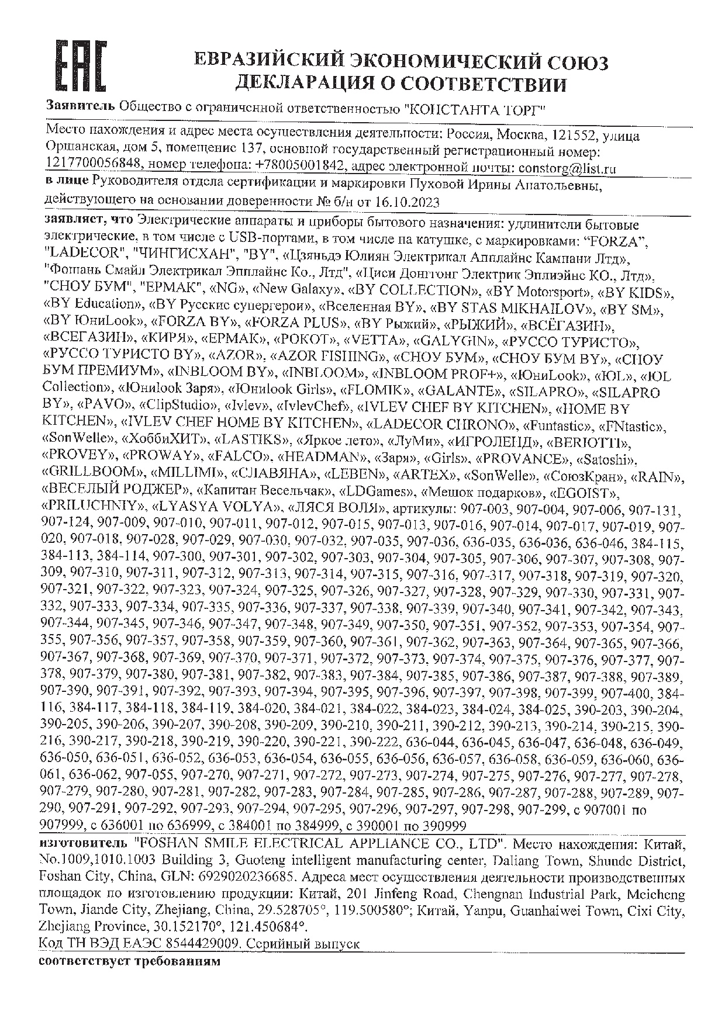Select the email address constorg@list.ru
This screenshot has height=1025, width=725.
point(566,168)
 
